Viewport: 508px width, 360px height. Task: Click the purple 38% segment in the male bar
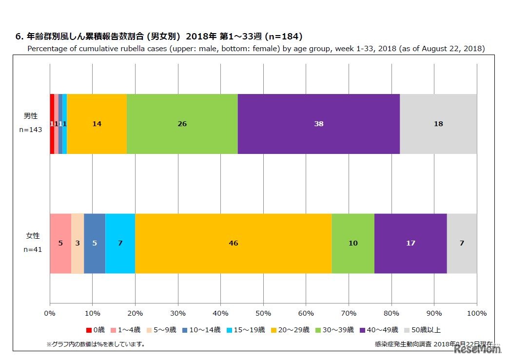[319, 124]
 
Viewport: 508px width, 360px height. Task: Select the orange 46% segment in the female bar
[234, 243]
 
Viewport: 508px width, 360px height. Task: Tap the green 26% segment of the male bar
[182, 124]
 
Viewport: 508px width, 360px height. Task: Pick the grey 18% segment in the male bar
[438, 124]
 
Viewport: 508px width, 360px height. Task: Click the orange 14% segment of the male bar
[97, 124]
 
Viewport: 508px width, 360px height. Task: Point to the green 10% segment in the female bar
[353, 243]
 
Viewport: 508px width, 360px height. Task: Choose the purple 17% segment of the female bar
[410, 243]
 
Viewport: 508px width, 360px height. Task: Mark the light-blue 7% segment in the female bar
[120, 243]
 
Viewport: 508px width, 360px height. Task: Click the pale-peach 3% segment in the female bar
[78, 243]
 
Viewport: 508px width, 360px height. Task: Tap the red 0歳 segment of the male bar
[52, 124]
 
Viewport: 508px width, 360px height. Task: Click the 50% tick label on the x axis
[263, 313]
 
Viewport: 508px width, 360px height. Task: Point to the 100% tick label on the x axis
[477, 313]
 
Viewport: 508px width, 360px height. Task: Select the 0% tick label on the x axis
[50, 313]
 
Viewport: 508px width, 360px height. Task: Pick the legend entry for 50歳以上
[423, 330]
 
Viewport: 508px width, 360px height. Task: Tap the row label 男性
[31, 116]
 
